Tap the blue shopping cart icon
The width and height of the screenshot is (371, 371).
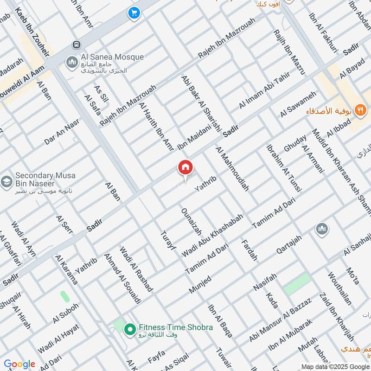[134, 14]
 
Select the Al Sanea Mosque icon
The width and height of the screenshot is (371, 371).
[71, 62]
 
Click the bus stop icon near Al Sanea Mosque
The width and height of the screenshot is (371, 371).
[75, 45]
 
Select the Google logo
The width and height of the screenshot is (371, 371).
[19, 364]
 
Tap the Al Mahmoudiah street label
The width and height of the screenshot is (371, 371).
[232, 169]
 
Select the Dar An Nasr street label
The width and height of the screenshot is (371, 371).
[62, 132]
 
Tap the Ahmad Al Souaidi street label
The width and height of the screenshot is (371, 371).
[122, 278]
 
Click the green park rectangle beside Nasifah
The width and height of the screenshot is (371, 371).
[297, 284]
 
